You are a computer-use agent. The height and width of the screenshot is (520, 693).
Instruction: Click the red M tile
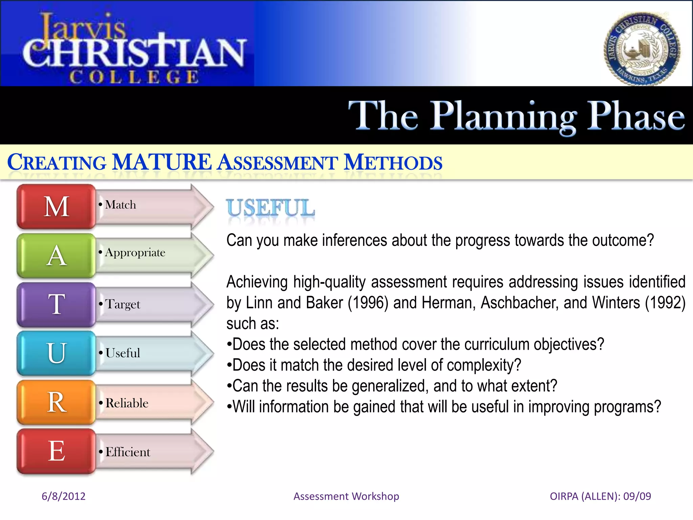[57, 207]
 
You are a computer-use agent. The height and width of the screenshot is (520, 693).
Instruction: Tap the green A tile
[57, 256]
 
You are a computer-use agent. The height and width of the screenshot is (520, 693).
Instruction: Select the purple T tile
[57, 304]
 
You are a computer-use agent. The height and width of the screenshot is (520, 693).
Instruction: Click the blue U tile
[57, 353]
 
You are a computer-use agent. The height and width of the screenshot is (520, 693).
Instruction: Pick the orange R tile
[57, 402]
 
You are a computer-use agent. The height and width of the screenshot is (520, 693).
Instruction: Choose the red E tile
[57, 451]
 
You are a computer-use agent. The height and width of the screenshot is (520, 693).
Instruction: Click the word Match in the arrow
[120, 205]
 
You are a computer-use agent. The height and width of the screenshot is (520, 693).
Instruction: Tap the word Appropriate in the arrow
[135, 253]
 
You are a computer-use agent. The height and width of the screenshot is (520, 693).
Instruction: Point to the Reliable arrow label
[127, 403]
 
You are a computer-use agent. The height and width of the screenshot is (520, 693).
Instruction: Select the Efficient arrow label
[128, 452]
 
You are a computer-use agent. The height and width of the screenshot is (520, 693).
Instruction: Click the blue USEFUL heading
[270, 208]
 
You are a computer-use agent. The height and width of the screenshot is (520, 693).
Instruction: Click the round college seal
[642, 49]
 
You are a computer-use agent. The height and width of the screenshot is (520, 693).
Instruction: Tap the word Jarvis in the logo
[83, 27]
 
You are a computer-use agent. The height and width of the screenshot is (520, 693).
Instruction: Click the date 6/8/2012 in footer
[63, 496]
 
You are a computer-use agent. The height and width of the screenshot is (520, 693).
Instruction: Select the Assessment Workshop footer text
[346, 496]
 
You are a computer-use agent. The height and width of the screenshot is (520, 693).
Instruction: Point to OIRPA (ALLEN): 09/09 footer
[600, 496]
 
